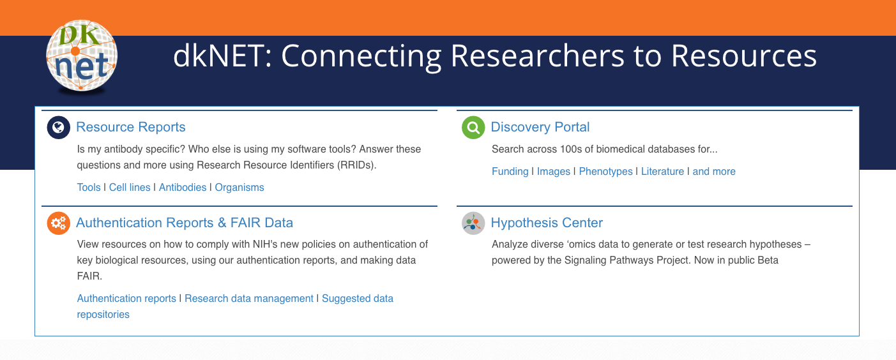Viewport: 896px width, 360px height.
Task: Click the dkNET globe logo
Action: pyautogui.click(x=82, y=56)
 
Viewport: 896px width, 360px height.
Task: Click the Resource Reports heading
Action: pyautogui.click(x=131, y=127)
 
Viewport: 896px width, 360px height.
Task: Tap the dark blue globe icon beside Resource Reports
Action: pyautogui.click(x=58, y=127)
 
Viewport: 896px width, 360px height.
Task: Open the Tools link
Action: pyautogui.click(x=89, y=187)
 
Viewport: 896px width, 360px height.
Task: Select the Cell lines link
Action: pyautogui.click(x=130, y=187)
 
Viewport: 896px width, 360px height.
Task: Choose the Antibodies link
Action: pyautogui.click(x=183, y=187)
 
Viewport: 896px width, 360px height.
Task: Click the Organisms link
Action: pyautogui.click(x=239, y=188)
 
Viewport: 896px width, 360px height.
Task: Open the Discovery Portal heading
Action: pyautogui.click(x=540, y=127)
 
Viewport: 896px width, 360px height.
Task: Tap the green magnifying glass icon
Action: pyautogui.click(x=473, y=127)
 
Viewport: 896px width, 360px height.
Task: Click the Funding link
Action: pyautogui.click(x=510, y=172)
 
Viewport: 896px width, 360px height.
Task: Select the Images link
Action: pyautogui.click(x=554, y=172)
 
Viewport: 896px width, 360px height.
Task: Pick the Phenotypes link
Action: pyautogui.click(x=605, y=172)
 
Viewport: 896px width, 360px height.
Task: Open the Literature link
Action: pyautogui.click(x=662, y=171)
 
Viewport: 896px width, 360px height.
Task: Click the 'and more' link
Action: pyautogui.click(x=714, y=171)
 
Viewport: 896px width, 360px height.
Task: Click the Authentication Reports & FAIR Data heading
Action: pyautogui.click(x=185, y=223)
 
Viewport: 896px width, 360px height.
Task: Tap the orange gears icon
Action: pyautogui.click(x=58, y=223)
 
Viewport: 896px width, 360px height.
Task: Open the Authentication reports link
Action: pyautogui.click(x=126, y=298)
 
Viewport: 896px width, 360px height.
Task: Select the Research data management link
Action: pyautogui.click(x=249, y=298)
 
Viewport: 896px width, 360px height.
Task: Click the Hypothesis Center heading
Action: pyautogui.click(x=547, y=223)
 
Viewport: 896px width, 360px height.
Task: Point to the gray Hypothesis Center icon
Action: pyautogui.click(x=473, y=223)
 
